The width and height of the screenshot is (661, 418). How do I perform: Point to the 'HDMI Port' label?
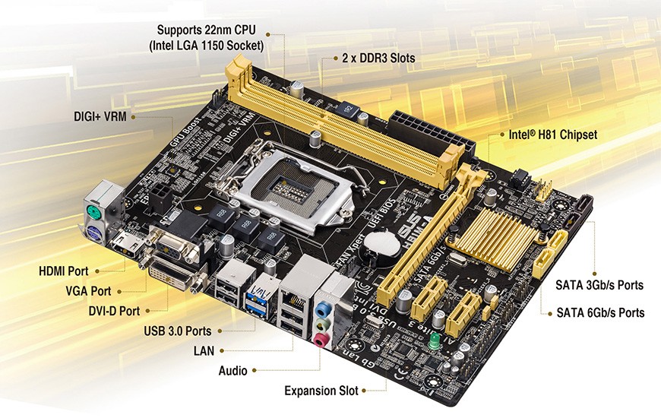point(64,271)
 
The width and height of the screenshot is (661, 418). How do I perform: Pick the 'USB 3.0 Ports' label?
point(178,331)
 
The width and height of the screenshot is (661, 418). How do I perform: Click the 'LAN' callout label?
point(204,350)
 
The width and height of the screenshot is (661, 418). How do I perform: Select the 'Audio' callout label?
point(233,370)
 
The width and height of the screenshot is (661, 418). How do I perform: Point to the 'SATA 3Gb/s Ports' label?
point(600,285)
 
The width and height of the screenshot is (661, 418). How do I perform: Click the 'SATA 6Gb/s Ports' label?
point(600,312)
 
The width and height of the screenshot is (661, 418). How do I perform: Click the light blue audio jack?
point(325,308)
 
